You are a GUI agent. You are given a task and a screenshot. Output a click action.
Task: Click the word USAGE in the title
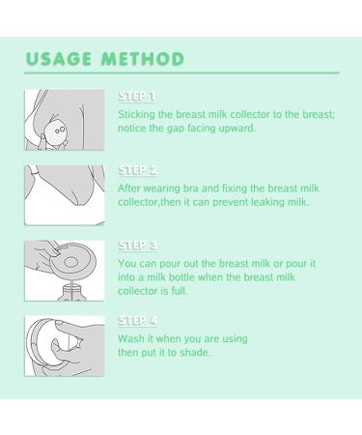(58, 59)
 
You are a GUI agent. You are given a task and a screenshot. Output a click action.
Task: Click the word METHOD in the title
(143, 59)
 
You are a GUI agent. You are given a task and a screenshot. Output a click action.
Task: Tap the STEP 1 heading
(136, 97)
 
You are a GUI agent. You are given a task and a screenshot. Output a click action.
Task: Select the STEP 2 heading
(137, 170)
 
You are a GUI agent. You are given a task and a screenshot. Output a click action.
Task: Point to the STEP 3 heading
(137, 246)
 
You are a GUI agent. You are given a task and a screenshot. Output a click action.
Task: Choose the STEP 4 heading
(137, 321)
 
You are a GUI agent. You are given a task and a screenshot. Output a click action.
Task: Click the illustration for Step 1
(65, 120)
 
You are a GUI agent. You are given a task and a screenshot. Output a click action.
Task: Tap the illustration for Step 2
(65, 195)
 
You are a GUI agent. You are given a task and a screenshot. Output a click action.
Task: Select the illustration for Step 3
(65, 271)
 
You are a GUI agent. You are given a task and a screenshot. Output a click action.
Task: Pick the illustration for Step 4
(65, 346)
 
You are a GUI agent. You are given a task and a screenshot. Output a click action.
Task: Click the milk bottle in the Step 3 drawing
(72, 292)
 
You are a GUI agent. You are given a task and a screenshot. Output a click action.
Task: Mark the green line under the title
(181, 73)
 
